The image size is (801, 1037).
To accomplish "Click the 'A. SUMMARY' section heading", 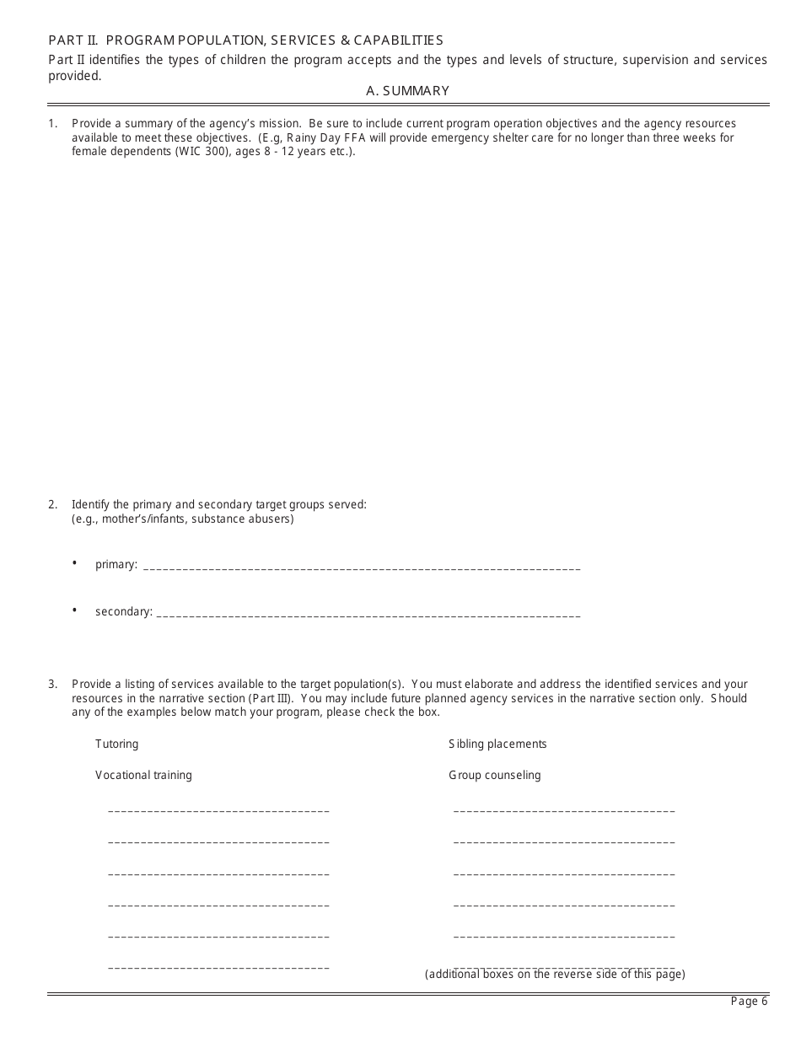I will (408, 91).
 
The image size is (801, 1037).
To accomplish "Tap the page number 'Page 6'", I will (749, 1002).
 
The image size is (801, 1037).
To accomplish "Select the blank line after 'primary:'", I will (363, 567).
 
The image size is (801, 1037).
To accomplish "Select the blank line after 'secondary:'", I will (368, 615).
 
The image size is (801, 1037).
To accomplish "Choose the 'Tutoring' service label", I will (116, 744).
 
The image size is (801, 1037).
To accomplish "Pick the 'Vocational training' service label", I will (143, 775).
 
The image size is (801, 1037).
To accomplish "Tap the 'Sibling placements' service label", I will (497, 744).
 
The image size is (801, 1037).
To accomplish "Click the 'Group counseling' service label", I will (494, 775).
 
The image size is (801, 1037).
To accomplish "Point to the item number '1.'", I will (52, 124).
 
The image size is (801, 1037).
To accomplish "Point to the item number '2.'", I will (52, 505).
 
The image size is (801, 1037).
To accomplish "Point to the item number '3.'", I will (52, 685).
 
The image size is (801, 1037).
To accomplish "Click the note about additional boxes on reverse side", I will (555, 975).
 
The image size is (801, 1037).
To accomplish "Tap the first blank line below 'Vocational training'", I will (218, 811).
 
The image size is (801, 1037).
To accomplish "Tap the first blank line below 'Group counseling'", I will (564, 811).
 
